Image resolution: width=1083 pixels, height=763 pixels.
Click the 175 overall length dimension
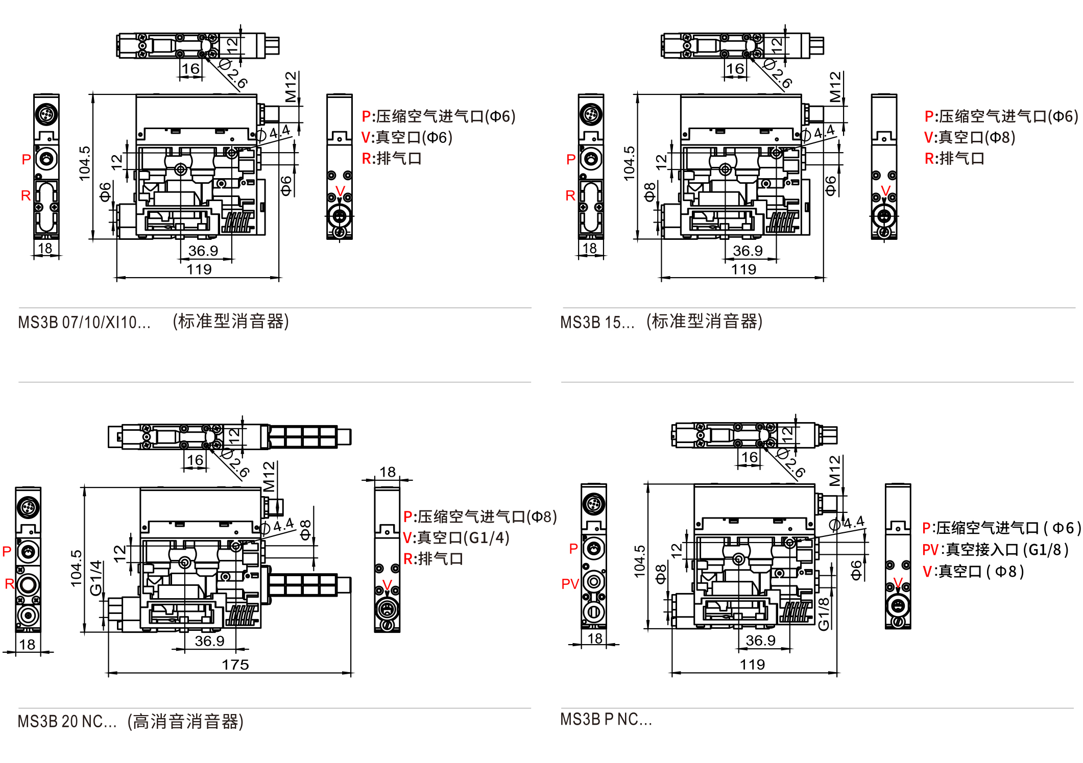pos(235,664)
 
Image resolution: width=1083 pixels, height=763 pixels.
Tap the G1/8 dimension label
pos(824,613)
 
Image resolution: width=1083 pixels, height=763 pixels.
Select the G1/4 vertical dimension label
pos(95,578)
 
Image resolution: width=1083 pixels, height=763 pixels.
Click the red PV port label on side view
pos(570,584)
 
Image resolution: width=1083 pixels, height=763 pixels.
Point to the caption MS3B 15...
pos(597,323)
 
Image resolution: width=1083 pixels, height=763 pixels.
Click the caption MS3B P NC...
pos(606,719)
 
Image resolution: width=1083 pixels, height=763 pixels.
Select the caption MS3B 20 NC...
pos(67,722)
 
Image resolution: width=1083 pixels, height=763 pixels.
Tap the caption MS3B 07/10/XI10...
pos(84,323)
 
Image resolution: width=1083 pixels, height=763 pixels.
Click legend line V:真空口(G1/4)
pos(456,538)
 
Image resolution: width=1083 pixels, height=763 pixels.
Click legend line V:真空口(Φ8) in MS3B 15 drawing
pos(969,137)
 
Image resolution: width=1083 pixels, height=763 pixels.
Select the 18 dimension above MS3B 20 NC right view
pos(388,472)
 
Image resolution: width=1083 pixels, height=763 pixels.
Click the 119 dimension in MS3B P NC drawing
pos(752,664)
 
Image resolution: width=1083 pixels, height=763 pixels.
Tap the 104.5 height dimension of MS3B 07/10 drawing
pos(85,163)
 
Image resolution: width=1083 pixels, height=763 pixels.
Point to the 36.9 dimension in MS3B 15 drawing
pos(748,251)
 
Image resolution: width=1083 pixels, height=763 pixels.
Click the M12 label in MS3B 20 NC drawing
pos(269,476)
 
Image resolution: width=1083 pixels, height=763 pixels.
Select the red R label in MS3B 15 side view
pos(570,195)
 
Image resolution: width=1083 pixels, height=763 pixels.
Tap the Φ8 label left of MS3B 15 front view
pos(649,192)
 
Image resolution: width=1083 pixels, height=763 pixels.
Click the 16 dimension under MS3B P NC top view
pos(749,457)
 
